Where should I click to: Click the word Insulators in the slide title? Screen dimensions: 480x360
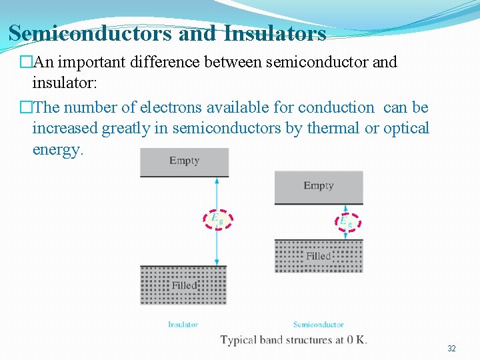point(275,33)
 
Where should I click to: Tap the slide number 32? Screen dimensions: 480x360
point(451,349)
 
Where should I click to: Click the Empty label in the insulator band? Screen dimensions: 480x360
point(184,160)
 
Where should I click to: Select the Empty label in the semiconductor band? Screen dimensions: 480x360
point(318,185)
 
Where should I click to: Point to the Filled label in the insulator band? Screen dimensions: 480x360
point(184,285)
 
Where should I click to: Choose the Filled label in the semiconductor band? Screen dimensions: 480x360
point(319,256)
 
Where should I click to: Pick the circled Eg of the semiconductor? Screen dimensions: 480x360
point(346,221)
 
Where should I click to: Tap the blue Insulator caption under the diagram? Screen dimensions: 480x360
point(183,325)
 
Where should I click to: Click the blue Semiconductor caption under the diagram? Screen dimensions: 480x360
point(318,325)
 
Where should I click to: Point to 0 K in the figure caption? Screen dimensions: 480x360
point(355,340)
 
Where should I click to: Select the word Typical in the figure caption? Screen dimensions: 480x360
point(239,340)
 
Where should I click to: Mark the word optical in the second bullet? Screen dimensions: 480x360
point(406,128)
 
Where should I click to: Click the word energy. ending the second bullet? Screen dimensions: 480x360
point(58,149)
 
